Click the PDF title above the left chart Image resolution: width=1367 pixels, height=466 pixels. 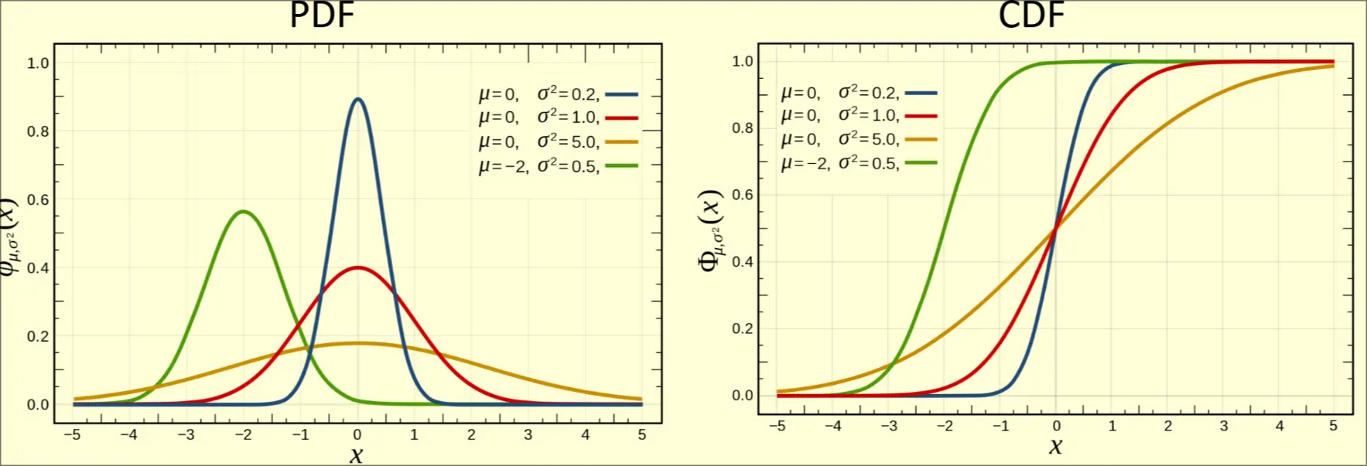click(x=322, y=15)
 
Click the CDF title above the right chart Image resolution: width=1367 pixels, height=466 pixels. click(x=1030, y=15)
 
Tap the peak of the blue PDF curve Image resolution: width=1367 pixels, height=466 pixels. click(x=357, y=99)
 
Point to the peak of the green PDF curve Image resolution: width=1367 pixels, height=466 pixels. click(x=244, y=211)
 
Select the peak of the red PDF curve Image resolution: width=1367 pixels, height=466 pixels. click(x=357, y=268)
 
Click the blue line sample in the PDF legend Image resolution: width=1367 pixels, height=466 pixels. click(x=621, y=94)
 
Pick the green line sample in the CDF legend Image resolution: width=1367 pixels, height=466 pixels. click(x=921, y=163)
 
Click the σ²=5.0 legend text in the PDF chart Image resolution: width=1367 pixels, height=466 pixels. click(x=568, y=141)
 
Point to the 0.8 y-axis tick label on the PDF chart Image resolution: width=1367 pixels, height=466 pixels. click(x=38, y=131)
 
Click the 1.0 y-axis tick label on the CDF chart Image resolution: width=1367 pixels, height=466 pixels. click(x=743, y=61)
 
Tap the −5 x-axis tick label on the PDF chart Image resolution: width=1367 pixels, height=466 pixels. click(x=72, y=435)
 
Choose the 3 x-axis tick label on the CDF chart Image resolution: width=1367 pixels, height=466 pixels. click(x=1224, y=426)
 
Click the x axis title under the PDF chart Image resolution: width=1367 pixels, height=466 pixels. click(x=356, y=454)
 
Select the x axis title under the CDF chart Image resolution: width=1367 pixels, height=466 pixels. click(x=1055, y=447)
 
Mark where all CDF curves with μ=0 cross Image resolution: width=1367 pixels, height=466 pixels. click(x=1056, y=227)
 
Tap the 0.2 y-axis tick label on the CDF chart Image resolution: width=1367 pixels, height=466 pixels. click(x=743, y=328)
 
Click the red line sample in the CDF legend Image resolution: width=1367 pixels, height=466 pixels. click(x=921, y=116)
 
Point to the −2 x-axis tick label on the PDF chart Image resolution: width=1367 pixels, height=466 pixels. click(x=243, y=435)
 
